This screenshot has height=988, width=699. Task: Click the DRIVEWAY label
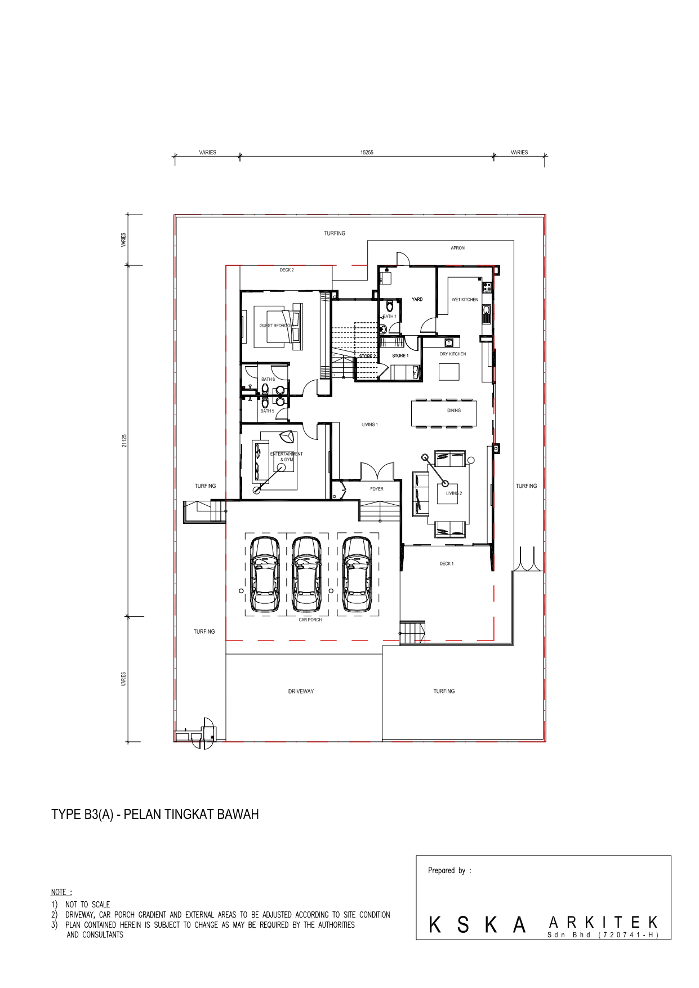[x=301, y=691]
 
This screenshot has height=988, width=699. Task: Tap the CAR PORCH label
[x=310, y=620]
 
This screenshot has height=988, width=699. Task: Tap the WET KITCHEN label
[x=465, y=300]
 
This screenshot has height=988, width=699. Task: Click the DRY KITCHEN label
[x=453, y=354]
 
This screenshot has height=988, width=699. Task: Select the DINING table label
[x=454, y=411]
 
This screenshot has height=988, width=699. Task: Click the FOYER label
[x=377, y=489]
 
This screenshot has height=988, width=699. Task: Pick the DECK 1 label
[x=447, y=563]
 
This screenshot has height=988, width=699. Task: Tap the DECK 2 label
[x=287, y=270]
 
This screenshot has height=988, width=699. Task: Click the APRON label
[x=457, y=248]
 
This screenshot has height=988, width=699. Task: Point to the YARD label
[x=417, y=299]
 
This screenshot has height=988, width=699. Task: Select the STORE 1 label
[x=400, y=356]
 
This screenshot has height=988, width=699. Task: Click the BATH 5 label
[x=267, y=411]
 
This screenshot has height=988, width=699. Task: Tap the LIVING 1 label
[x=369, y=425]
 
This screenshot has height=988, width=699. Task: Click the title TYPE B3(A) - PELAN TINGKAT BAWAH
[x=155, y=815]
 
